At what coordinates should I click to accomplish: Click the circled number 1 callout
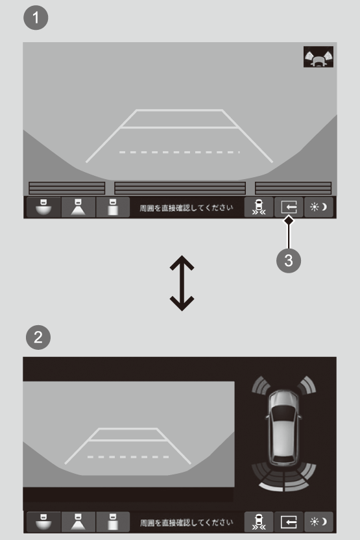[36, 18]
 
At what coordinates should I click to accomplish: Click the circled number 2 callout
[38, 337]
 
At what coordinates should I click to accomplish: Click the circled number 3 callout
[289, 260]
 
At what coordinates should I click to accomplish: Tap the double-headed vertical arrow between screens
[182, 283]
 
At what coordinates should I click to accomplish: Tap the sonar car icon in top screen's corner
[318, 57]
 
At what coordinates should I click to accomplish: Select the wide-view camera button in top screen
[43, 207]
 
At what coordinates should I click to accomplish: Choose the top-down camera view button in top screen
[113, 207]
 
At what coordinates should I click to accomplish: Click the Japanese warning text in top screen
[186, 208]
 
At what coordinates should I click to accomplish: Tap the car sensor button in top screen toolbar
[259, 207]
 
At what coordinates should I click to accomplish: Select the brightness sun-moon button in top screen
[318, 207]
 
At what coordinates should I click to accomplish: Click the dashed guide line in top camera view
[179, 153]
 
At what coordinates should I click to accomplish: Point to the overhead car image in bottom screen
[284, 427]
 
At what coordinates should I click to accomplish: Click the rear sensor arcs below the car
[284, 477]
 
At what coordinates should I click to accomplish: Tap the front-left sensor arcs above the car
[261, 385]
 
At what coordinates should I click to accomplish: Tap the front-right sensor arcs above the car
[306, 385]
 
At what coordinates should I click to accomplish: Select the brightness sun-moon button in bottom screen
[318, 522]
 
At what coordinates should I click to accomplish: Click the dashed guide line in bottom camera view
[128, 457]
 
